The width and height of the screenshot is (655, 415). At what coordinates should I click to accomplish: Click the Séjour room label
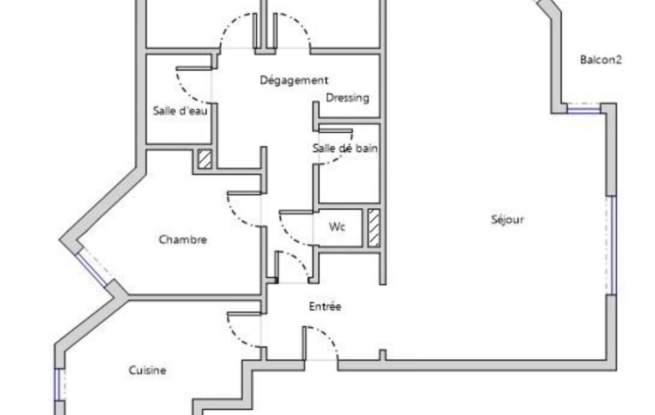tap(507, 220)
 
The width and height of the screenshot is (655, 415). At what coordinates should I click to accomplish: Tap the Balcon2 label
tap(601, 60)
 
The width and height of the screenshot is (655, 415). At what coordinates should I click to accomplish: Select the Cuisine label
tap(148, 370)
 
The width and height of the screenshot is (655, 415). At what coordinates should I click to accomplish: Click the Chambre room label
tap(183, 239)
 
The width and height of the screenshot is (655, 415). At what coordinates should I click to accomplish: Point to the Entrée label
tap(325, 306)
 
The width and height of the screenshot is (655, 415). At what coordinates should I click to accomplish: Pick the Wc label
tap(337, 227)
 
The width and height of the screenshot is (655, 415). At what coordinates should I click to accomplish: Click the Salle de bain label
tap(345, 147)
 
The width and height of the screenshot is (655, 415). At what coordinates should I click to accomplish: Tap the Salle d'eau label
tap(180, 110)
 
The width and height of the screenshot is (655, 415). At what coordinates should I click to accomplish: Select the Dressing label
tap(348, 98)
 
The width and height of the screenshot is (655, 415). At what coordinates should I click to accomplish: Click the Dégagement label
tap(294, 80)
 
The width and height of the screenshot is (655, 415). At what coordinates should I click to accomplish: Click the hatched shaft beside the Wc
tap(374, 227)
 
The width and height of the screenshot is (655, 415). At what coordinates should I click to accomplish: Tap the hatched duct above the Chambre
tap(204, 159)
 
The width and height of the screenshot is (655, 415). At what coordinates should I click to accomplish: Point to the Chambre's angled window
tap(91, 268)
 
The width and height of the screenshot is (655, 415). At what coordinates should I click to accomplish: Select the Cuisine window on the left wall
tap(59, 384)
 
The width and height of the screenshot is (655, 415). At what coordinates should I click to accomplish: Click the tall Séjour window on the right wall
tap(611, 246)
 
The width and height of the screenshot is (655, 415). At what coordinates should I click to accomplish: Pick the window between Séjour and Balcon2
tap(584, 110)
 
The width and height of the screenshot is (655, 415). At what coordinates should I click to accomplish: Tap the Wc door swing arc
tap(289, 234)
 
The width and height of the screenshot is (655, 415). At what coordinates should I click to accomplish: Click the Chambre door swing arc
tap(239, 216)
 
